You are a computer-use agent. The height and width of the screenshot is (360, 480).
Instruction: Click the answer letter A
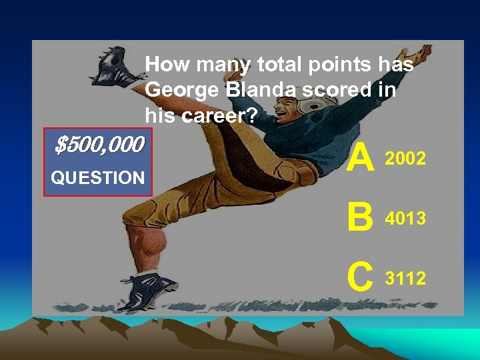click(x=361, y=159)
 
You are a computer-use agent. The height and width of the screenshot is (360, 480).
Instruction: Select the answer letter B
click(x=361, y=218)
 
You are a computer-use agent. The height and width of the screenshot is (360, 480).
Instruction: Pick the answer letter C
click(x=361, y=277)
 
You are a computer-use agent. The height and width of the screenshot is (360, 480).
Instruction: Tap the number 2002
click(x=405, y=159)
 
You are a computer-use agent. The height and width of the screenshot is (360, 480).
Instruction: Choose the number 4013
click(x=405, y=218)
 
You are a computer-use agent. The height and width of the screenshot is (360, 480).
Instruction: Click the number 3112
click(x=405, y=278)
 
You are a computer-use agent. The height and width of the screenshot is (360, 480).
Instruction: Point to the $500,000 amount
click(x=99, y=144)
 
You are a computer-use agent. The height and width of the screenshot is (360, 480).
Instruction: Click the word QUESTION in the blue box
click(x=98, y=178)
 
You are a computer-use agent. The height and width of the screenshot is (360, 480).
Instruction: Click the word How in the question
click(x=162, y=65)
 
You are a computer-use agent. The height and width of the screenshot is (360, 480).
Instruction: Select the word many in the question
click(x=218, y=65)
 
